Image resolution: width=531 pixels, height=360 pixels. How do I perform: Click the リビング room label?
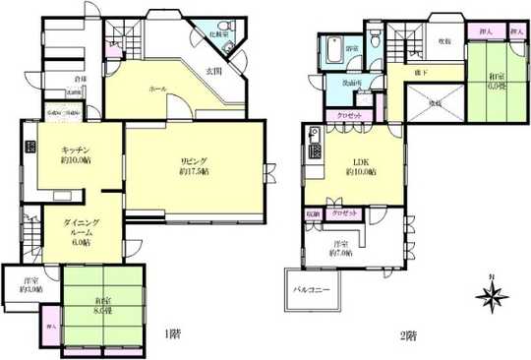pyautogui.click(x=193, y=164)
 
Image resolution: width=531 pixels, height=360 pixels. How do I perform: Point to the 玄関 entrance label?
pyautogui.click(x=212, y=71)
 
